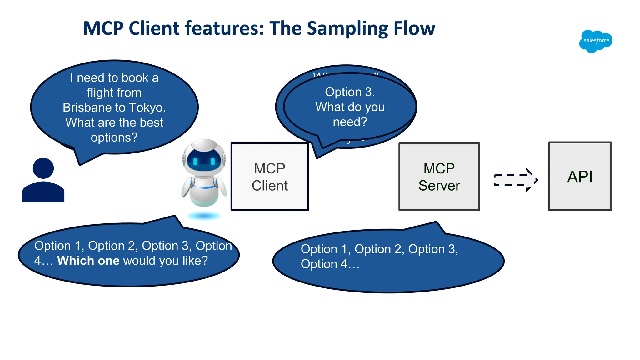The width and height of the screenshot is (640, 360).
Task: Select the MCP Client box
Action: click(270, 177)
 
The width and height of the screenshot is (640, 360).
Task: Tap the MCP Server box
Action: click(439, 177)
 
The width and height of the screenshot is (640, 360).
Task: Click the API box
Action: click(580, 177)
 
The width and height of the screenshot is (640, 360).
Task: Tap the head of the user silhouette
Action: click(43, 168)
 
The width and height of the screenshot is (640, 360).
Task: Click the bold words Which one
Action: click(88, 261)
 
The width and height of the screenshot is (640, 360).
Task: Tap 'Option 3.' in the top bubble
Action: click(350, 92)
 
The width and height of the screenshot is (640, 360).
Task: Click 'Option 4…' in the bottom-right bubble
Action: click(330, 264)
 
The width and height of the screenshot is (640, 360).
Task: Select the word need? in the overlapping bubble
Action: click(350, 122)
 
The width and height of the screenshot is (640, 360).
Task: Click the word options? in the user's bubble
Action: click(114, 137)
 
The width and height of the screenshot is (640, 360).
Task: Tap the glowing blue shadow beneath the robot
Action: click(204, 216)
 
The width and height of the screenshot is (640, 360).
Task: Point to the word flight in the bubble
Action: click(100, 92)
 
